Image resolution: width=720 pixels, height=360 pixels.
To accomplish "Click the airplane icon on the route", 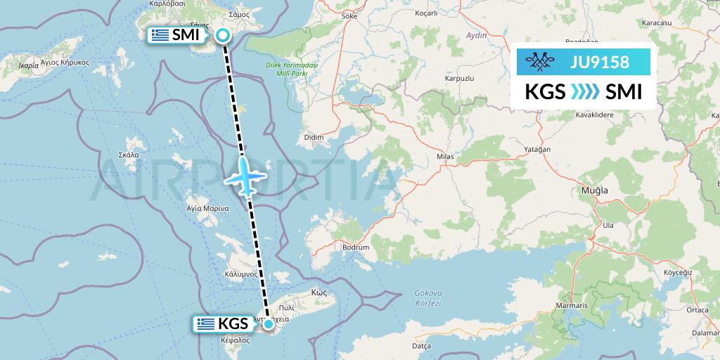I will pos(244,176).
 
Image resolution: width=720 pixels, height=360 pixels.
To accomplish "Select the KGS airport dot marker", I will pos(269,323).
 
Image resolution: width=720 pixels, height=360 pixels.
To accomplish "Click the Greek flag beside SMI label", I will pos(160,35).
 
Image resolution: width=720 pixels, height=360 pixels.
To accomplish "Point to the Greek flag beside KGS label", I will pos(205,324).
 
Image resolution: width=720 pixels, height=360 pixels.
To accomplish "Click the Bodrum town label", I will pos(356,247).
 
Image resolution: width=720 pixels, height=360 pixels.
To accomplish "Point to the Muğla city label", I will pos(593,190).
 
